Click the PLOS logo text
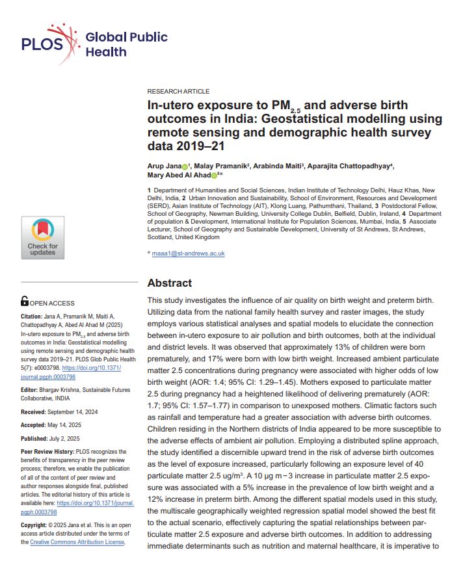pos(42,44)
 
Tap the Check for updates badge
pos(42,237)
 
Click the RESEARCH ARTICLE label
pos(178,92)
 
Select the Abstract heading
pos(169,283)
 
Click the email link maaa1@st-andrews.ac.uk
pos(188,253)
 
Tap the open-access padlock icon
pos(25,302)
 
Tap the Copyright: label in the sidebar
pos(37,524)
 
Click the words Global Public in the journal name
pos(127,37)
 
